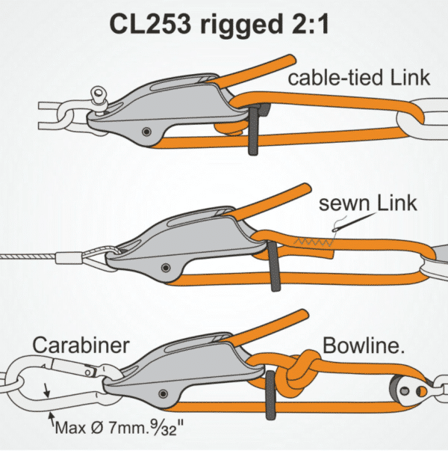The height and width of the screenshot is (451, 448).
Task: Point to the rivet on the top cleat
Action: click(148, 132)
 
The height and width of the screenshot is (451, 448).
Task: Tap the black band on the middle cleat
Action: click(271, 263)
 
